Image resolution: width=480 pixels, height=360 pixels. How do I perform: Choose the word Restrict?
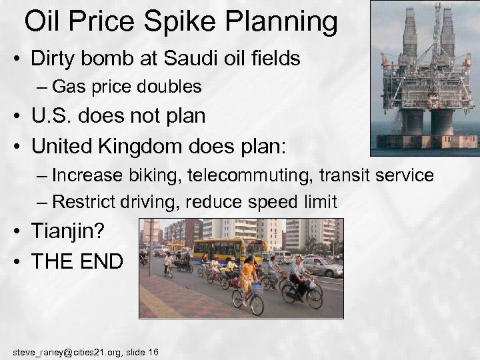[x=83, y=201]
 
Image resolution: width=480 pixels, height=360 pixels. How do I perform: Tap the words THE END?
[x=77, y=261]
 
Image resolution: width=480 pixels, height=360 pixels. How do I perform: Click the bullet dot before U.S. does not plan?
[x=18, y=117]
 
